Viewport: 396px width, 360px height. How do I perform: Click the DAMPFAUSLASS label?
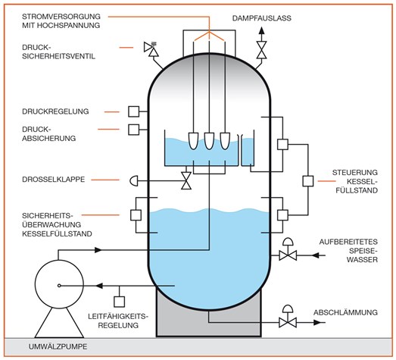[262, 18]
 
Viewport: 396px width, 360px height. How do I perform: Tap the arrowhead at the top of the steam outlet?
[261, 31]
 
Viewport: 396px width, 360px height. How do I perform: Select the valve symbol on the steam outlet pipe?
[261, 50]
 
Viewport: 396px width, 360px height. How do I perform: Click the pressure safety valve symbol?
[151, 49]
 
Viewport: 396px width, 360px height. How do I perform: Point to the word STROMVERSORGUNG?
[61, 17]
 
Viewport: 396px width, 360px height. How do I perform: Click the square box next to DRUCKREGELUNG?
[133, 111]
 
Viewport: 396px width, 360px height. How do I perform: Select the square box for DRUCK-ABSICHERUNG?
[133, 130]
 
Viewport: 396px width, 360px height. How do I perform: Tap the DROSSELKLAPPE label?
[54, 180]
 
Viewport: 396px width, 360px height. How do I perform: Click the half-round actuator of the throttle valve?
[133, 181]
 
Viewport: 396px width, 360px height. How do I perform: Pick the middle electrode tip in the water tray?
[209, 141]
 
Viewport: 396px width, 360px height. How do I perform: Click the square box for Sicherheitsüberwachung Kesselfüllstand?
[136, 215]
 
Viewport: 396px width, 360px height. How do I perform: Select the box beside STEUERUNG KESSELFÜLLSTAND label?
[308, 181]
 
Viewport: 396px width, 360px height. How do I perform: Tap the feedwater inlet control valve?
[288, 250]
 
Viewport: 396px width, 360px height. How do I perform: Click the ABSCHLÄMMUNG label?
[346, 312]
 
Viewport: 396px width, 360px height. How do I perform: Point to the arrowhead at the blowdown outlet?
[317, 322]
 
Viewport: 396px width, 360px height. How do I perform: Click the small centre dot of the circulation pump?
[59, 286]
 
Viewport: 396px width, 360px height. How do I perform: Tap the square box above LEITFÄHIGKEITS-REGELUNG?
[119, 302]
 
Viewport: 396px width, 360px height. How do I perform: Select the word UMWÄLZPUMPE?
[58, 346]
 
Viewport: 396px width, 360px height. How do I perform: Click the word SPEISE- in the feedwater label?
[363, 251]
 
